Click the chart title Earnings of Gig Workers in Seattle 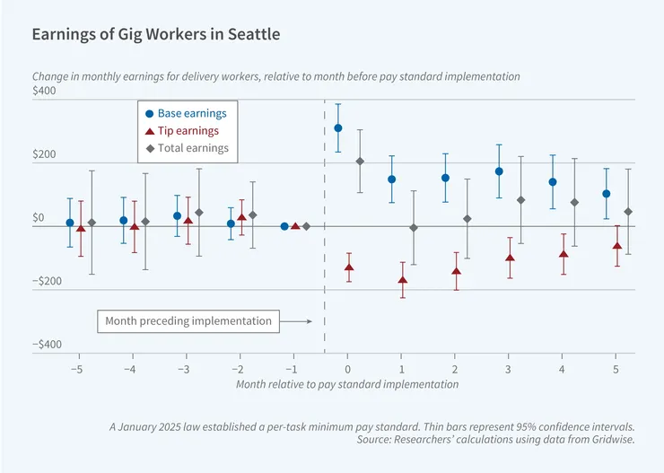(155, 34)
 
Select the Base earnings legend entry (186, 114)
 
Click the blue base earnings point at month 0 (338, 128)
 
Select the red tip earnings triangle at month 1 (403, 281)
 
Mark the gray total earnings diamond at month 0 (360, 162)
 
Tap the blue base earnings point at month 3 (499, 171)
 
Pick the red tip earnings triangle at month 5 (617, 247)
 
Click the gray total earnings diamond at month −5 (92, 223)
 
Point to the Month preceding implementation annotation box (188, 320)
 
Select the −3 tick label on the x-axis (184, 369)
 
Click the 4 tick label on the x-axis (562, 369)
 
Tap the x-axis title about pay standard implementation (347, 384)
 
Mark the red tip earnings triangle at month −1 (296, 226)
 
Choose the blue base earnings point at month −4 (124, 221)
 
